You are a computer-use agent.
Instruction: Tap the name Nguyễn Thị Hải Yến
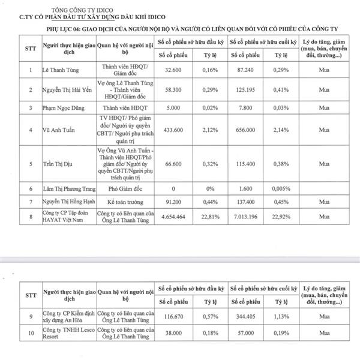point(65,88)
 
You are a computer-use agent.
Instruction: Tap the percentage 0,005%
point(281,188)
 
